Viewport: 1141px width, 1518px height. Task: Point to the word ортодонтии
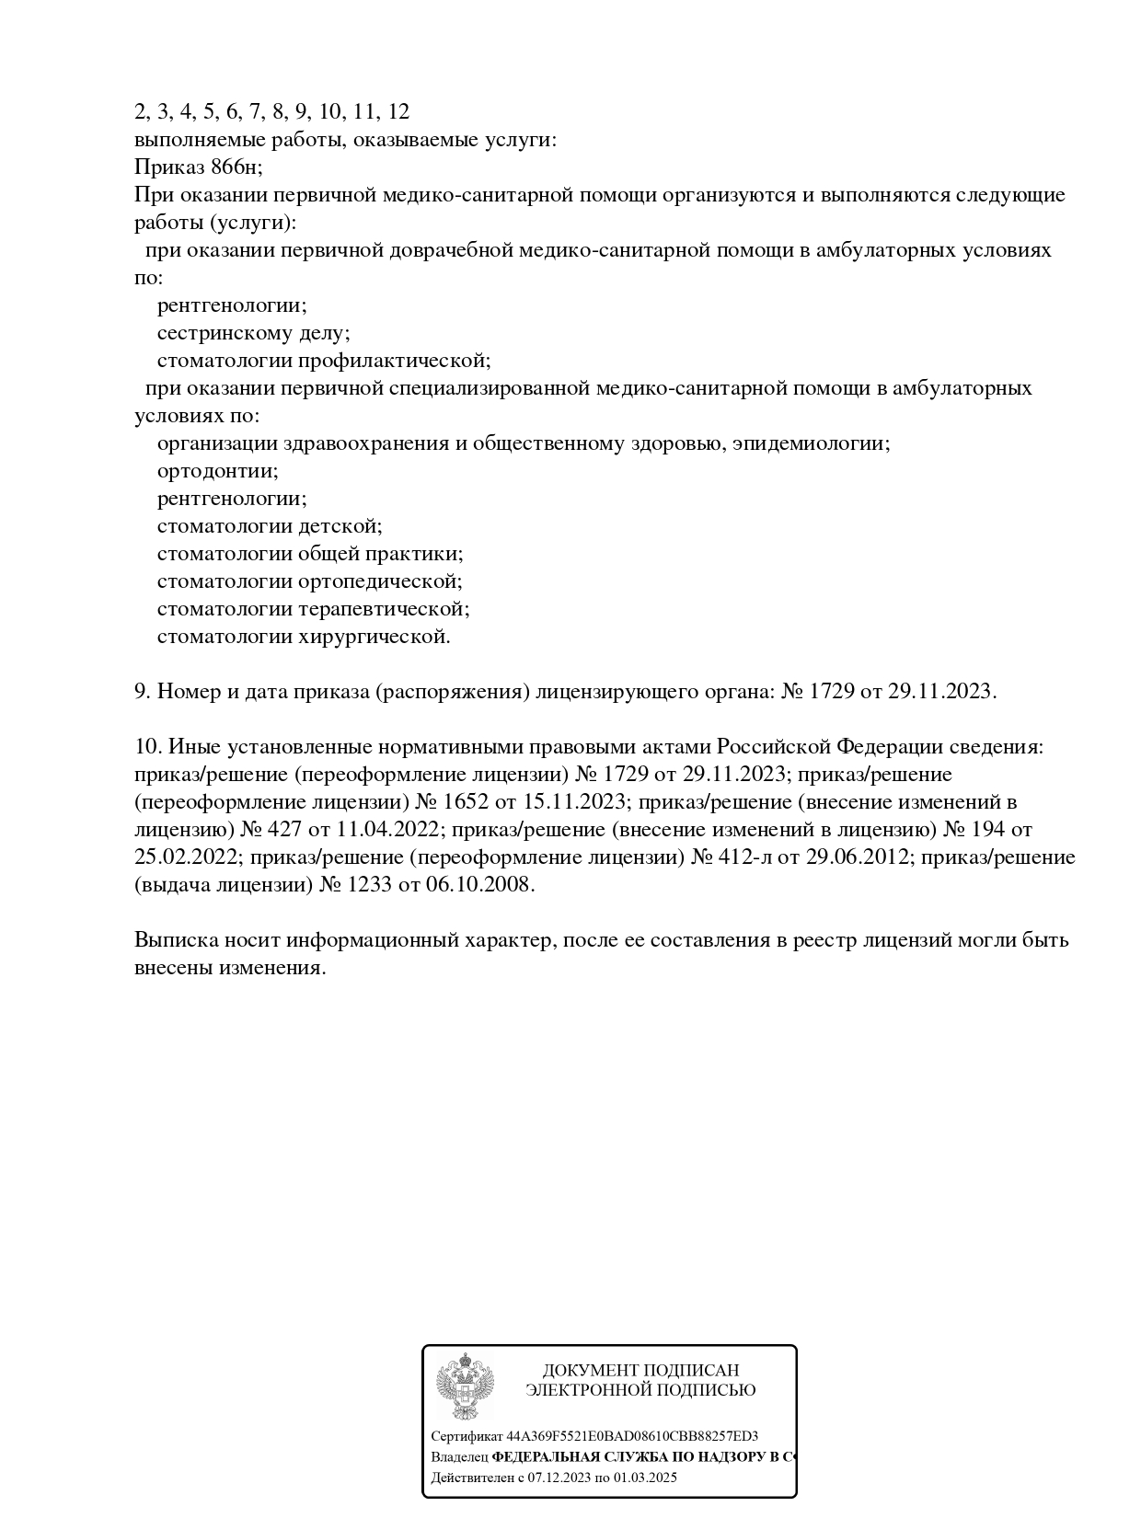click(217, 471)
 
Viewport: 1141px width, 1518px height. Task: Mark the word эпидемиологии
click(816, 443)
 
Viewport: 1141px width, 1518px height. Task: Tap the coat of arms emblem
click(465, 1386)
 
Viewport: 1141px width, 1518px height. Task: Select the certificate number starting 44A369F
click(632, 1436)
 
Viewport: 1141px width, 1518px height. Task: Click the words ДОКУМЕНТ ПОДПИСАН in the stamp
click(640, 1371)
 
